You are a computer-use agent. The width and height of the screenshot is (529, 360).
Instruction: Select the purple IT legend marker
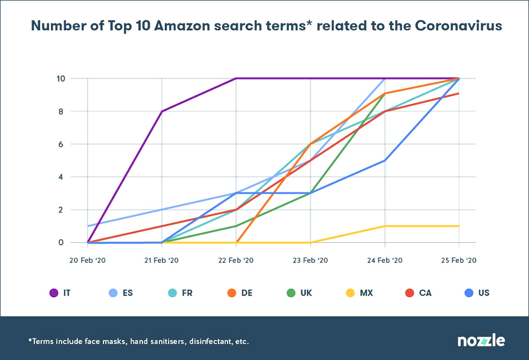pyautogui.click(x=54, y=293)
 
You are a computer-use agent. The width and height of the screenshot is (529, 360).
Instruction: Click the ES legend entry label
pyautogui.click(x=128, y=293)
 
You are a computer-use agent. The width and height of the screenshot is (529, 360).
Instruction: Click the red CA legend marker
pyautogui.click(x=409, y=293)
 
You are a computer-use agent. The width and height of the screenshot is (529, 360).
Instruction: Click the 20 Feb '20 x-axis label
pyautogui.click(x=87, y=260)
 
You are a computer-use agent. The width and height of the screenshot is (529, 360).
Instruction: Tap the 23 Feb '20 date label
pyautogui.click(x=310, y=260)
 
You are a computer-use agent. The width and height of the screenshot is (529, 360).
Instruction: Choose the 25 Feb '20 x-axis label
pyautogui.click(x=459, y=260)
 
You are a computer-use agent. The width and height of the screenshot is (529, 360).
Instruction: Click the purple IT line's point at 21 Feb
pyautogui.click(x=162, y=111)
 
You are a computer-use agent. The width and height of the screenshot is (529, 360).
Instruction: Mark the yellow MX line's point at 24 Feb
pyautogui.click(x=384, y=226)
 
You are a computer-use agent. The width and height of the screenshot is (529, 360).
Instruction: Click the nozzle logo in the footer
pyautogui.click(x=481, y=341)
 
